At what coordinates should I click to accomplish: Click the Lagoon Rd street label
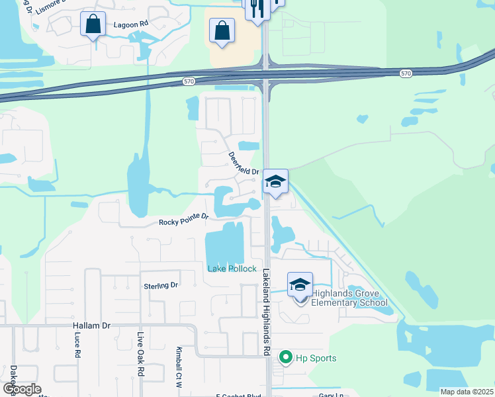130,24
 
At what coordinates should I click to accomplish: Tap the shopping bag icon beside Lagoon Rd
93,24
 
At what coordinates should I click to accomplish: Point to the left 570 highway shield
189,81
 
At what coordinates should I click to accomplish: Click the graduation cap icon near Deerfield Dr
275,182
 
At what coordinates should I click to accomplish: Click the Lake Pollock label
232,268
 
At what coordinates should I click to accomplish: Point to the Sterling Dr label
161,285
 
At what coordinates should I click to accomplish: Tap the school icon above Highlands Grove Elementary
300,285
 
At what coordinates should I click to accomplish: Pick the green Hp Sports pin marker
286,358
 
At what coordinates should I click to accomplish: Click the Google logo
21,388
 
